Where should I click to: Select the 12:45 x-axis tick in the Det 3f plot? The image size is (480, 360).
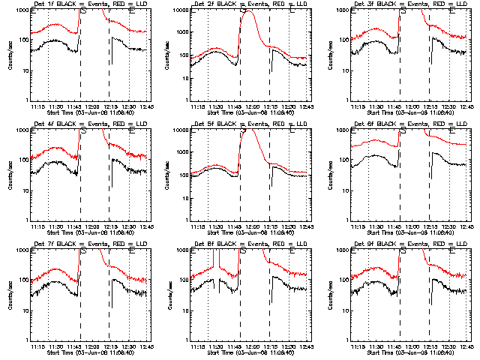click(466, 106)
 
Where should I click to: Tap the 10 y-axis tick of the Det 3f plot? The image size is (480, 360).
click(346, 70)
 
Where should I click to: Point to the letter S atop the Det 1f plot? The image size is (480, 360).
click(83, 11)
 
